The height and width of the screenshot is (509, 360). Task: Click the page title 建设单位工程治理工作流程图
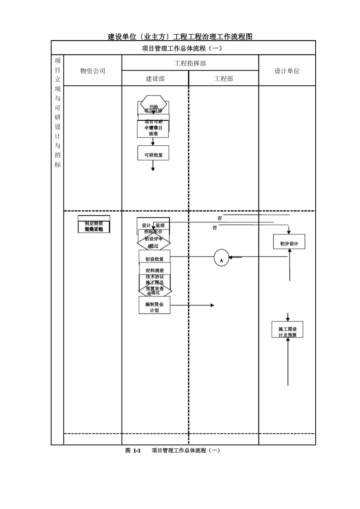pos(180,37)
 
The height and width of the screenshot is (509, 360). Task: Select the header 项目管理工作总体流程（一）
pos(182,48)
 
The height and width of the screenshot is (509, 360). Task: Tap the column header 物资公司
pos(93,71)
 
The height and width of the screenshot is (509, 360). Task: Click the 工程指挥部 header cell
pos(190,63)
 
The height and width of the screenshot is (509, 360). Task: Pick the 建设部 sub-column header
pos(155,79)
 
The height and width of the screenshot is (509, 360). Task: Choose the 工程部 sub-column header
pos(224,79)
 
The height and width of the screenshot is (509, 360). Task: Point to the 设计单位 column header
pos(287,71)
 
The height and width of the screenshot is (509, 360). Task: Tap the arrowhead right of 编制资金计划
pos(213,305)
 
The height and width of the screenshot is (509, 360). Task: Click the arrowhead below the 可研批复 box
pos(153,169)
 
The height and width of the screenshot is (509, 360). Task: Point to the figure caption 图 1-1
pos(133,451)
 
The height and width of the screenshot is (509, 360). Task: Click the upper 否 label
pos(220,219)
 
